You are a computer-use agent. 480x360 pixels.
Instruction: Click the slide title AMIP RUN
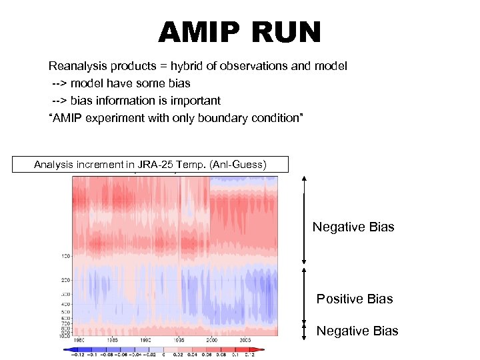(x=239, y=33)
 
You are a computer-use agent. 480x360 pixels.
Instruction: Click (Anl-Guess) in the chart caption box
(x=239, y=164)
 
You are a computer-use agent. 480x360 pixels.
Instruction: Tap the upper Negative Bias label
(x=353, y=227)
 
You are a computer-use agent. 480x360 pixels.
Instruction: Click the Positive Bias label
(x=355, y=299)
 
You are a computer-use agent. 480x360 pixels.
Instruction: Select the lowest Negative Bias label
(x=357, y=331)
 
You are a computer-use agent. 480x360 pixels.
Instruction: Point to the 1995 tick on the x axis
(x=179, y=340)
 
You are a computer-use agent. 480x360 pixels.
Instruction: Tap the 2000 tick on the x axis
(x=212, y=340)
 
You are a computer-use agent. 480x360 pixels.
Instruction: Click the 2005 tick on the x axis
(x=245, y=340)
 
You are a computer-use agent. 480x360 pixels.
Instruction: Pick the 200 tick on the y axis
(x=66, y=281)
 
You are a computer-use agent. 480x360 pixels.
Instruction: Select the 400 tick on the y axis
(x=66, y=304)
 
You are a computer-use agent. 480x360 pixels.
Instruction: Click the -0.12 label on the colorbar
(x=78, y=354)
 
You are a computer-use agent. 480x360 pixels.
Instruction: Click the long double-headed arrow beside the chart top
(x=304, y=220)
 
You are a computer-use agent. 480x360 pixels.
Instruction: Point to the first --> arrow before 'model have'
(x=60, y=84)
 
